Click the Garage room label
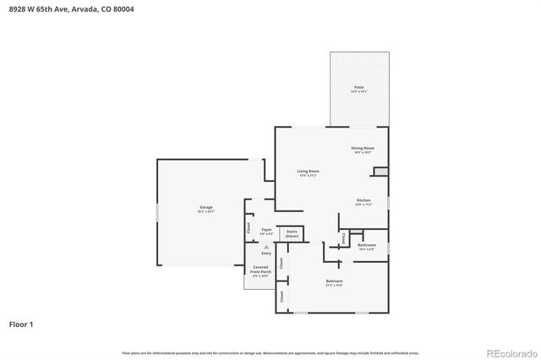[206, 209]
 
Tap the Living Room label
[308, 172]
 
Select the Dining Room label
[363, 150]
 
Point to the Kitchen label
[363, 202]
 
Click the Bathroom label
[366, 247]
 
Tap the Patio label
[358, 89]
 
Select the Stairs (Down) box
[292, 233]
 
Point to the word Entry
[266, 254]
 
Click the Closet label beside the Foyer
[249, 227]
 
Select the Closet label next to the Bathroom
[343, 240]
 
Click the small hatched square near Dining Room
[381, 172]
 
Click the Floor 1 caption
[22, 324]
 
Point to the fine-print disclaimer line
[270, 352]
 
